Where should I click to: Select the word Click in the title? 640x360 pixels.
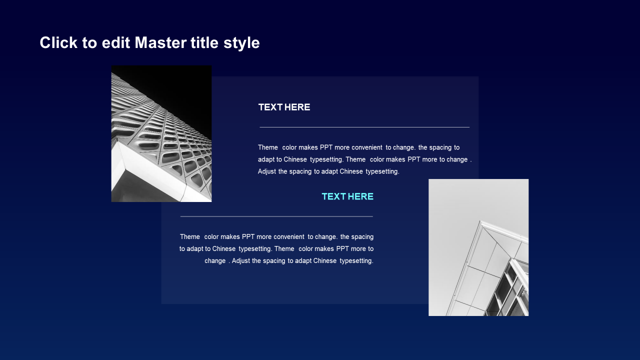(x=58, y=42)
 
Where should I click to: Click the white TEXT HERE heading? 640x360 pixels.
(x=284, y=107)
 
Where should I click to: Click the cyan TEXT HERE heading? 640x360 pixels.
(x=347, y=196)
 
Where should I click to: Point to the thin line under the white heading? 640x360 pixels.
(x=364, y=127)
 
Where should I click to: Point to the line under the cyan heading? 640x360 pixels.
(x=276, y=216)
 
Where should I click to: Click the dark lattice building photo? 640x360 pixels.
(x=161, y=133)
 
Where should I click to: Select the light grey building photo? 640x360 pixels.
(x=478, y=247)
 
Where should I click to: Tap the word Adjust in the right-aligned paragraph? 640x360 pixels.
(x=240, y=261)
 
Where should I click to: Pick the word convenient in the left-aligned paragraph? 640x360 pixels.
(x=366, y=147)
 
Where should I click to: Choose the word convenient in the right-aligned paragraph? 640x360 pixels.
(x=289, y=237)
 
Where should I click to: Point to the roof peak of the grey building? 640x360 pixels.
(x=481, y=221)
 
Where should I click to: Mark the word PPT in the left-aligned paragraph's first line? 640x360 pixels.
(x=326, y=147)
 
